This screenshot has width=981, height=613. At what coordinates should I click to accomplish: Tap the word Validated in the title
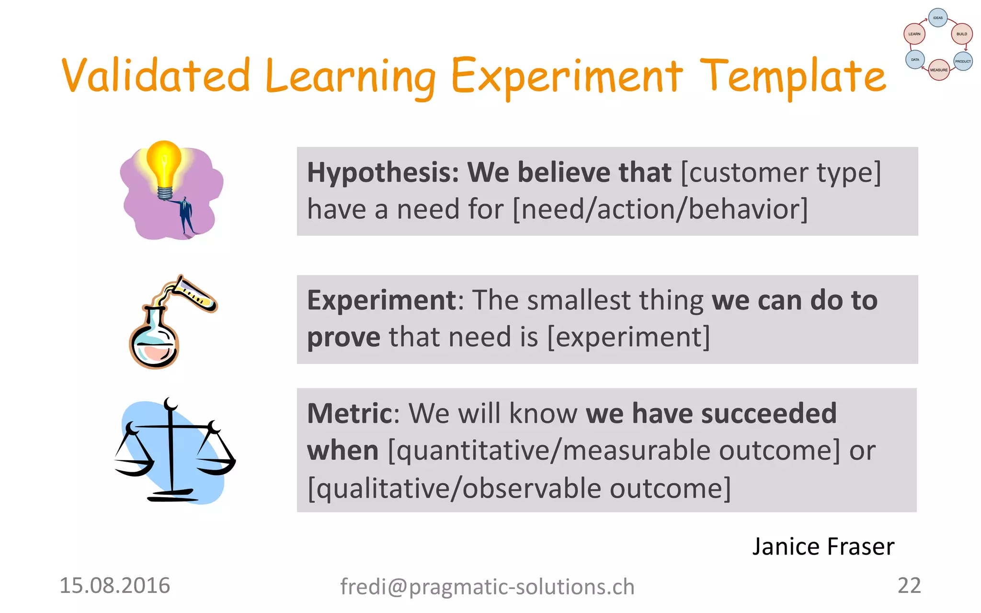click(156, 76)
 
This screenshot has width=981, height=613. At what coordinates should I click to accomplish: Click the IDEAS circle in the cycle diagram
click(938, 18)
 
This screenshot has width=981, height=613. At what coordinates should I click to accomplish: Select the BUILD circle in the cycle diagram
click(961, 34)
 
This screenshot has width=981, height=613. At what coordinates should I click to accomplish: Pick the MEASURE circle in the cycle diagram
click(939, 70)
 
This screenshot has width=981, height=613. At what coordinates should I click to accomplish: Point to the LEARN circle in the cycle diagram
click(914, 34)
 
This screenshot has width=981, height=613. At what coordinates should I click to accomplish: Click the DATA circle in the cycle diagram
click(915, 60)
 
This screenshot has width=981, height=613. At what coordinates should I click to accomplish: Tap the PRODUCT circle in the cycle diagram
click(963, 61)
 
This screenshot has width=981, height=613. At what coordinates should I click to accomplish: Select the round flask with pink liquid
click(154, 342)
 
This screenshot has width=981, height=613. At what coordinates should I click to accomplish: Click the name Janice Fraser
click(823, 546)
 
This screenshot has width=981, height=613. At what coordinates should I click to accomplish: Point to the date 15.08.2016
click(114, 586)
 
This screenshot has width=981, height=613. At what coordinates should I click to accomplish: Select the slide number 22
click(909, 586)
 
